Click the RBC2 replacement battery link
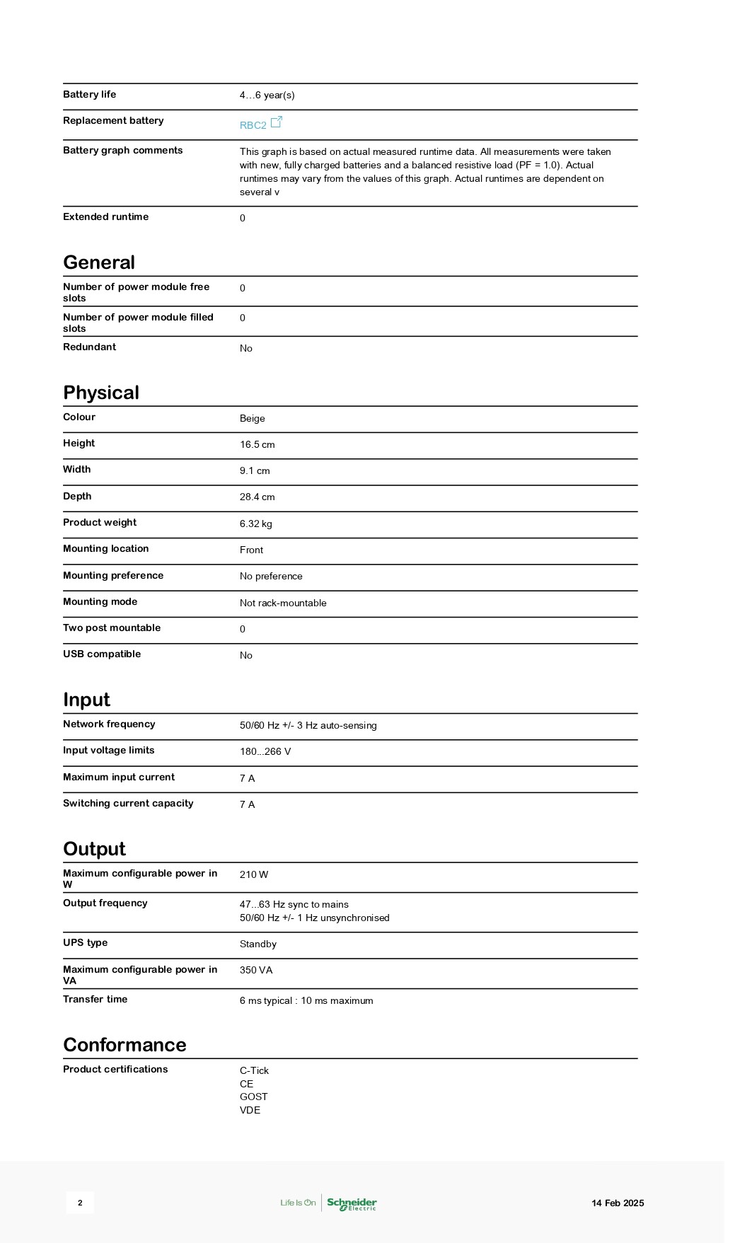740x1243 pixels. (x=253, y=125)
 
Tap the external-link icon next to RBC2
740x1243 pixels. (x=277, y=122)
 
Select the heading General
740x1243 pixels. (x=99, y=262)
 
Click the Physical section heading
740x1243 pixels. (x=101, y=393)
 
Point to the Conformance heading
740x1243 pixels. (x=125, y=1045)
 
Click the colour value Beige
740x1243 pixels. (x=252, y=418)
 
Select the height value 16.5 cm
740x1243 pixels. (x=257, y=444)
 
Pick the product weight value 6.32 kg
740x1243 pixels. (x=255, y=524)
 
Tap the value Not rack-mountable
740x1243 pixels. (x=283, y=603)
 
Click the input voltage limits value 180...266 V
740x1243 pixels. (x=265, y=751)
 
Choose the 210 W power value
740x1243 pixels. (x=253, y=874)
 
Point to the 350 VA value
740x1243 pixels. (x=255, y=970)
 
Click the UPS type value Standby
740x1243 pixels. (x=258, y=944)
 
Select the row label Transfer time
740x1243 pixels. (x=95, y=999)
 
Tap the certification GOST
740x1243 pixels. (x=253, y=1097)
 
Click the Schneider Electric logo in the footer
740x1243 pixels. (x=352, y=1203)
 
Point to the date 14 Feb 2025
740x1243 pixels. (x=618, y=1203)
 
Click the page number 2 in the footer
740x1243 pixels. (x=80, y=1203)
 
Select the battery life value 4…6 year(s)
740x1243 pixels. (x=267, y=95)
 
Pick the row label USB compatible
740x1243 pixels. (x=101, y=654)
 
